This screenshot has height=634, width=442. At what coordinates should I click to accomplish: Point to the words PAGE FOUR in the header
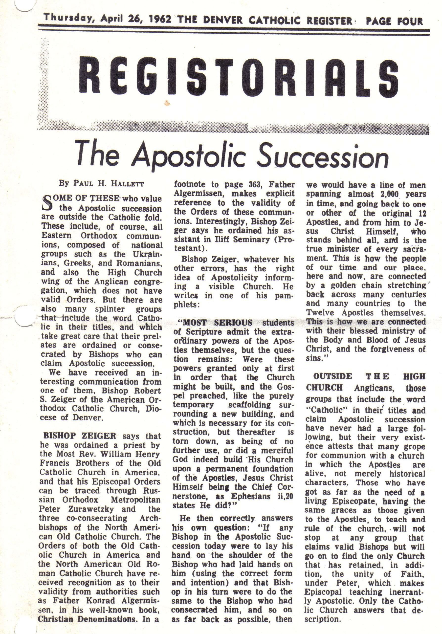click(394, 21)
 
